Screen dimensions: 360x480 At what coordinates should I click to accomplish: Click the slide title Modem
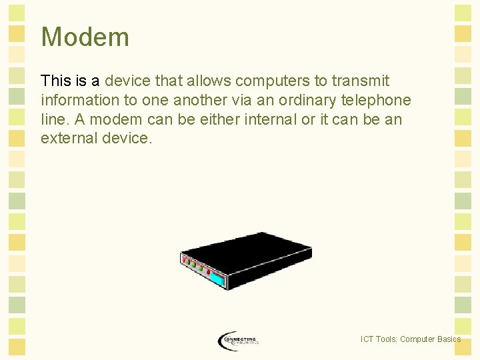pyautogui.click(x=85, y=37)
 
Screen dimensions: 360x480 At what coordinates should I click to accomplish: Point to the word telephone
pyautogui.click(x=379, y=101)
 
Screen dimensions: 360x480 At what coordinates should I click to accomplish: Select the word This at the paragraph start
pyautogui.click(x=55, y=81)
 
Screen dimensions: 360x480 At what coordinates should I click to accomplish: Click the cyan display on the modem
pyautogui.click(x=217, y=279)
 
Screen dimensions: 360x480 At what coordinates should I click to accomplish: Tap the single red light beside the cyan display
pyautogui.click(x=208, y=273)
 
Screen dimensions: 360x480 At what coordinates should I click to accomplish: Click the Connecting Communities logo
pyautogui.click(x=238, y=341)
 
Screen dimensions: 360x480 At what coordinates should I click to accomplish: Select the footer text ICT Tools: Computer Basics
pyautogui.click(x=410, y=339)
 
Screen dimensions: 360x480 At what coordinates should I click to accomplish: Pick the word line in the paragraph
pyautogui.click(x=51, y=120)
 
